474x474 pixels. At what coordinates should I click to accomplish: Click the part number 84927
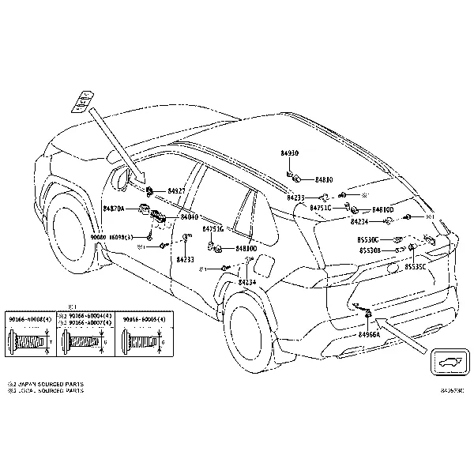[176, 192]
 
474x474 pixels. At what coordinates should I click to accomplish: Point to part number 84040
[189, 216]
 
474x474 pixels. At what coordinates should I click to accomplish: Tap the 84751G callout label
[213, 228]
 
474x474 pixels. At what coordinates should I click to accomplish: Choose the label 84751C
[320, 208]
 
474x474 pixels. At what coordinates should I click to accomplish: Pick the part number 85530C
[369, 239]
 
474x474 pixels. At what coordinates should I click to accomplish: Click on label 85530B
[370, 250]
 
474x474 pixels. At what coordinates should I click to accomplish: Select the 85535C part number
[416, 267]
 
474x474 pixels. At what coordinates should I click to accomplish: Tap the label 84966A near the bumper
[369, 334]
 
